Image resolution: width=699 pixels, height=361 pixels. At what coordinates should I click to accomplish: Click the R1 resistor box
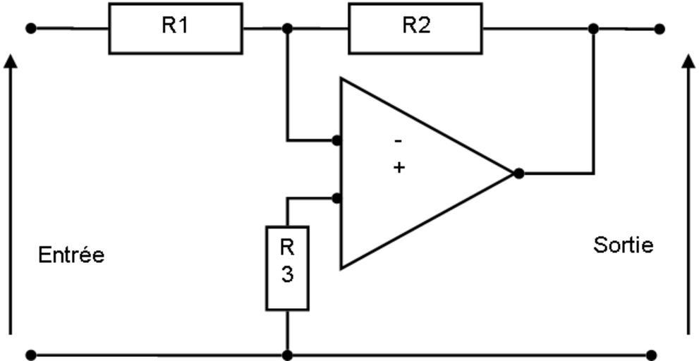click(x=176, y=28)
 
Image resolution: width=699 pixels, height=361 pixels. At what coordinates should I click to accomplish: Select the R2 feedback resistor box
click(x=415, y=28)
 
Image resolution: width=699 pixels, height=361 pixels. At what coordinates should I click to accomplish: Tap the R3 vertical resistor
click(x=287, y=268)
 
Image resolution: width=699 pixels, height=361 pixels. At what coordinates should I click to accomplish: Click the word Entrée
click(x=71, y=255)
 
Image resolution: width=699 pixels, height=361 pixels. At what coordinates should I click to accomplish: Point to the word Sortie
click(x=623, y=245)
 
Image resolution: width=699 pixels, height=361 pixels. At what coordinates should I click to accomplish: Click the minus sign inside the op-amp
click(x=399, y=141)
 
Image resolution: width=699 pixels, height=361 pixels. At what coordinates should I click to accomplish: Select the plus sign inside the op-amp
click(x=399, y=167)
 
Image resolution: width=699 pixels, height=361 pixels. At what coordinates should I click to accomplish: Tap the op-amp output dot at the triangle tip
click(x=518, y=173)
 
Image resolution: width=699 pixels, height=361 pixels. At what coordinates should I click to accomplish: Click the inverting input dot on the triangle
click(x=336, y=140)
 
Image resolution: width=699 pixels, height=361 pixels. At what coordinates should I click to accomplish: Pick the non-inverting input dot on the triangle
click(x=336, y=199)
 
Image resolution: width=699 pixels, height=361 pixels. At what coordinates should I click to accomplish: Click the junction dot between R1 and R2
click(x=287, y=28)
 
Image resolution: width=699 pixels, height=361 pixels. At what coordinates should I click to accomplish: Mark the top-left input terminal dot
click(x=30, y=28)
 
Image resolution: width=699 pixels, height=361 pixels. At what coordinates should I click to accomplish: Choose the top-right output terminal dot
click(x=659, y=29)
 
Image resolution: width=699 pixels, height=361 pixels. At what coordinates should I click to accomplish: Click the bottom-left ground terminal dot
click(x=30, y=355)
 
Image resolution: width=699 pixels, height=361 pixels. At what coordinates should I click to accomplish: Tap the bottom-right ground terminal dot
click(x=651, y=355)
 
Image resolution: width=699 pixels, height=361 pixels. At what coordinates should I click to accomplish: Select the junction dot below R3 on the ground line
click(x=287, y=355)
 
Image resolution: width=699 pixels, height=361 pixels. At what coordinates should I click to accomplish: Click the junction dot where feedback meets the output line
click(x=593, y=29)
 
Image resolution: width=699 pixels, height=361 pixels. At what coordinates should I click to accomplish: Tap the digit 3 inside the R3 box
click(x=287, y=275)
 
